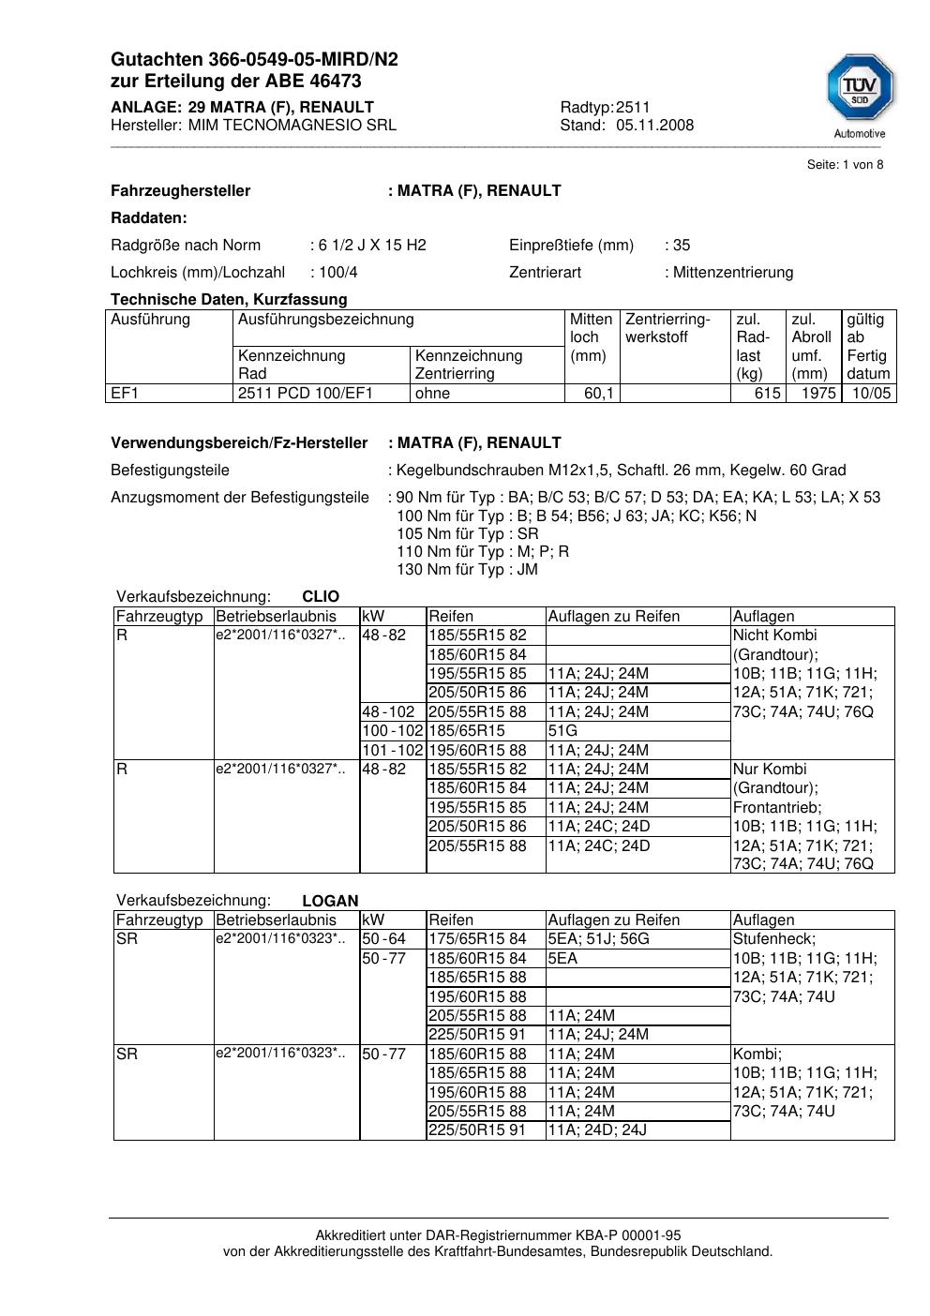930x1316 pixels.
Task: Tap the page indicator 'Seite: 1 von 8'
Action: [x=845, y=165]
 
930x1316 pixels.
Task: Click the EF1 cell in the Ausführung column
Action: [x=125, y=394]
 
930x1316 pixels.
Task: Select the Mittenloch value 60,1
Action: [x=598, y=394]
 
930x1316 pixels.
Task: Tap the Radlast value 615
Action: [x=767, y=394]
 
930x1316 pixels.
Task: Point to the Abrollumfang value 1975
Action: [x=817, y=394]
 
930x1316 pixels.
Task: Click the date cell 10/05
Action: [x=871, y=394]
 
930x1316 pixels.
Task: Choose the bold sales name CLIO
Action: [x=321, y=597]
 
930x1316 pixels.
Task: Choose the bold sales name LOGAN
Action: [x=330, y=901]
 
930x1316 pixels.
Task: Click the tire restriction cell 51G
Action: [x=563, y=730]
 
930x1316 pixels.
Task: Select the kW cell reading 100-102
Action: [x=392, y=730]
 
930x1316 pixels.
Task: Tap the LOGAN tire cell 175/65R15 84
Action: [x=477, y=939]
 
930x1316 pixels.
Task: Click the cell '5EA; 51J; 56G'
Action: [x=598, y=939]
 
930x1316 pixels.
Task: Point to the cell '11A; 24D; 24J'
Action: [x=597, y=1130]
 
